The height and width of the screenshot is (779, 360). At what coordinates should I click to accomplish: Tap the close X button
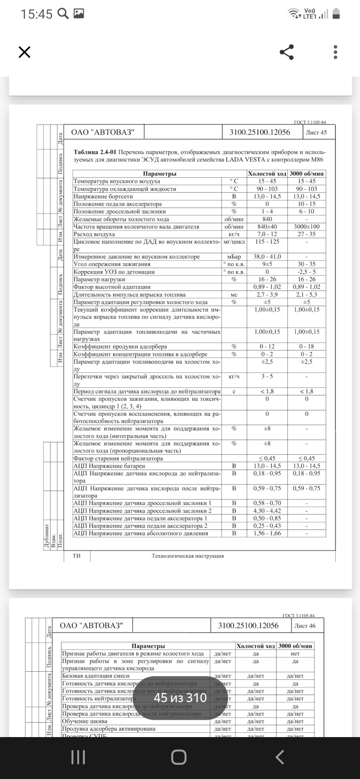pyautogui.click(x=24, y=52)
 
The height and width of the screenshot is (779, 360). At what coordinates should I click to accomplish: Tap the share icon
pyautogui.click(x=287, y=52)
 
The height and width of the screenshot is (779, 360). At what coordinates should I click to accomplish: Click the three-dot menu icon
pyautogui.click(x=335, y=52)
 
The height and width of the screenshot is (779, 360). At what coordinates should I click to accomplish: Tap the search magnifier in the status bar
pyautogui.click(x=63, y=14)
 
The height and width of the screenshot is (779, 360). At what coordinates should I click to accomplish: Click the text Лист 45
pyautogui.click(x=316, y=132)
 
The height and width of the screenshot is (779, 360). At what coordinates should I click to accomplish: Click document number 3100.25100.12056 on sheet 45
pyautogui.click(x=259, y=132)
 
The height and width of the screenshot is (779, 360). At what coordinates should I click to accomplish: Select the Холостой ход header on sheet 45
pyautogui.click(x=267, y=174)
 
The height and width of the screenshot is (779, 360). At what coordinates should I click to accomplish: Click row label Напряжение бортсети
pyautogui.click(x=103, y=196)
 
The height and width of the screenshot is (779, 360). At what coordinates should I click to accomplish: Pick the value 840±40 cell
pyautogui.click(x=267, y=227)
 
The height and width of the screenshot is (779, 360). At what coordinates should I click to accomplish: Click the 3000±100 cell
pyautogui.click(x=306, y=227)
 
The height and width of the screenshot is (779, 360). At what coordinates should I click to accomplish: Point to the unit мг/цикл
pyautogui.click(x=234, y=242)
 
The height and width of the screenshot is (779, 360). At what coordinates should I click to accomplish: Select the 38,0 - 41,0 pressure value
pyautogui.click(x=267, y=257)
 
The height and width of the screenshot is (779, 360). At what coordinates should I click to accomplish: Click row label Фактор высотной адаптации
pyautogui.click(x=112, y=287)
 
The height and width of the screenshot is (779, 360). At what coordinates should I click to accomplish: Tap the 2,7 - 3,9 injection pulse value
pyautogui.click(x=267, y=295)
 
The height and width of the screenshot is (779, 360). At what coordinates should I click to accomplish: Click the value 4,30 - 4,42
pyautogui.click(x=267, y=511)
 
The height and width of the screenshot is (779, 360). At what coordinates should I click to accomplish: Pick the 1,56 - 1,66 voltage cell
pyautogui.click(x=267, y=533)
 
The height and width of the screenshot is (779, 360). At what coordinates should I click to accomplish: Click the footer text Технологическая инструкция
pyautogui.click(x=188, y=556)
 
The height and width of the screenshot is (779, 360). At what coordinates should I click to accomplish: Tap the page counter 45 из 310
pyautogui.click(x=180, y=697)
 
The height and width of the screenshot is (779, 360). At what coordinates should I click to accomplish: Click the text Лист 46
pyautogui.click(x=304, y=626)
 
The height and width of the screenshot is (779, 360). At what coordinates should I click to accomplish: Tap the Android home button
pyautogui.click(x=179, y=757)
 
